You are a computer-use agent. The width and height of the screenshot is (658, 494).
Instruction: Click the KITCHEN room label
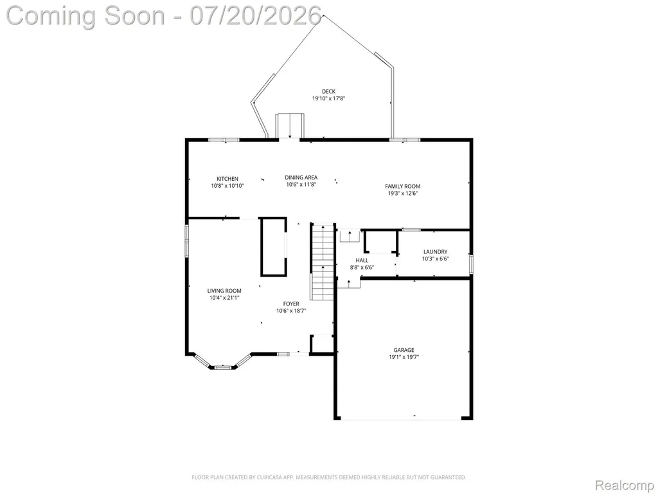tap(227, 179)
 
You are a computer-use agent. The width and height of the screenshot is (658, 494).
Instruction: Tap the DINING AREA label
tap(301, 178)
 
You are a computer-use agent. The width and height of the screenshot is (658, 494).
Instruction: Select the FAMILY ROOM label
tap(403, 186)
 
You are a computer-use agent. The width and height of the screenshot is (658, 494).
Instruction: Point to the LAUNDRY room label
tap(435, 252)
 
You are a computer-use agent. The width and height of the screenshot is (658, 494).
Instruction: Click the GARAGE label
tap(404, 350)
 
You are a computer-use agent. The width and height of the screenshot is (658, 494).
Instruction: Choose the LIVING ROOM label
tap(224, 291)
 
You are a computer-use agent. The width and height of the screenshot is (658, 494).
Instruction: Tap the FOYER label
tap(291, 304)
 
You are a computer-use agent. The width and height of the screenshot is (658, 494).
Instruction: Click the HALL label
tap(362, 261)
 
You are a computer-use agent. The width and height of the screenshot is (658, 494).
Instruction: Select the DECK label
tap(328, 91)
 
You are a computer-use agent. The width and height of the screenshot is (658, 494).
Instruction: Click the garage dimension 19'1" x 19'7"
tap(404, 357)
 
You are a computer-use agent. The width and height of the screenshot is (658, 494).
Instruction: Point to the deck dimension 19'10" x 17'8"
tap(328, 98)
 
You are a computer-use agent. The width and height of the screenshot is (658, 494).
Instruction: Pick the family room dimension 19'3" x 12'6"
tap(403, 193)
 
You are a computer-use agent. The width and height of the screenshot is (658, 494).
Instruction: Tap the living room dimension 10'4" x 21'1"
tap(224, 298)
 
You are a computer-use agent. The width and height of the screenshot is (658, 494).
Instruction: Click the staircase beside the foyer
tap(323, 262)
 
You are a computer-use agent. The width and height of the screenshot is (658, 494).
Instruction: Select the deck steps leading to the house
tap(289, 125)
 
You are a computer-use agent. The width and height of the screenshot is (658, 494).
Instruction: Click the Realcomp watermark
tap(625, 485)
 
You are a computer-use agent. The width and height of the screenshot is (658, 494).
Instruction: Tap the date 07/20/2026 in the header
tap(256, 15)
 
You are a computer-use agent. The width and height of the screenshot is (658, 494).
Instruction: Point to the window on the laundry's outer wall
tap(471, 264)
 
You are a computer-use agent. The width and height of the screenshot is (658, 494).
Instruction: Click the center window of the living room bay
tap(223, 367)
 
